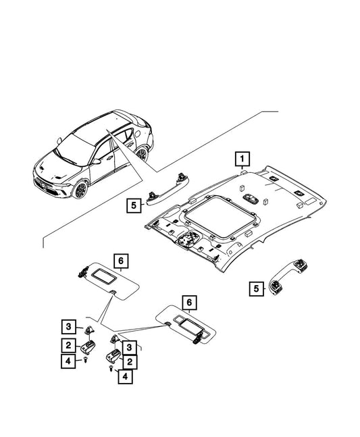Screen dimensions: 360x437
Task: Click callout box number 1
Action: click(x=242, y=159)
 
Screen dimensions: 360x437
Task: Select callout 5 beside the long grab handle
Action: click(x=134, y=206)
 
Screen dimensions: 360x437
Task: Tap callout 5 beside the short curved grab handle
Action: click(x=257, y=288)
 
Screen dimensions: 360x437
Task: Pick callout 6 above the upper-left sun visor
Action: click(x=121, y=261)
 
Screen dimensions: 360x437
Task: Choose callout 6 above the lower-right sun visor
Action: click(x=190, y=303)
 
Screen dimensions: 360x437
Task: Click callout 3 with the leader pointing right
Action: click(x=68, y=326)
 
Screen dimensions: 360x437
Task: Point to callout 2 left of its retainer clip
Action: click(x=68, y=346)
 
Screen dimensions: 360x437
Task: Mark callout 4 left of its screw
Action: click(x=68, y=361)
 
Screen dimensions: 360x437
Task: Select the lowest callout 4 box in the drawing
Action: click(x=125, y=376)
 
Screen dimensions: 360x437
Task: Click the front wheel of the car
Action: click(x=80, y=190)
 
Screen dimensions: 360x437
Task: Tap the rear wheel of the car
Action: click(x=142, y=153)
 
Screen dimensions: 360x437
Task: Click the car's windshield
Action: click(x=75, y=151)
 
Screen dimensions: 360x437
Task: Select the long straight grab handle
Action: click(x=168, y=190)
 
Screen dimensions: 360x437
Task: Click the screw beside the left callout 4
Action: click(x=86, y=361)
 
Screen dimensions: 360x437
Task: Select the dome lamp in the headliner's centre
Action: click(x=251, y=198)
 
